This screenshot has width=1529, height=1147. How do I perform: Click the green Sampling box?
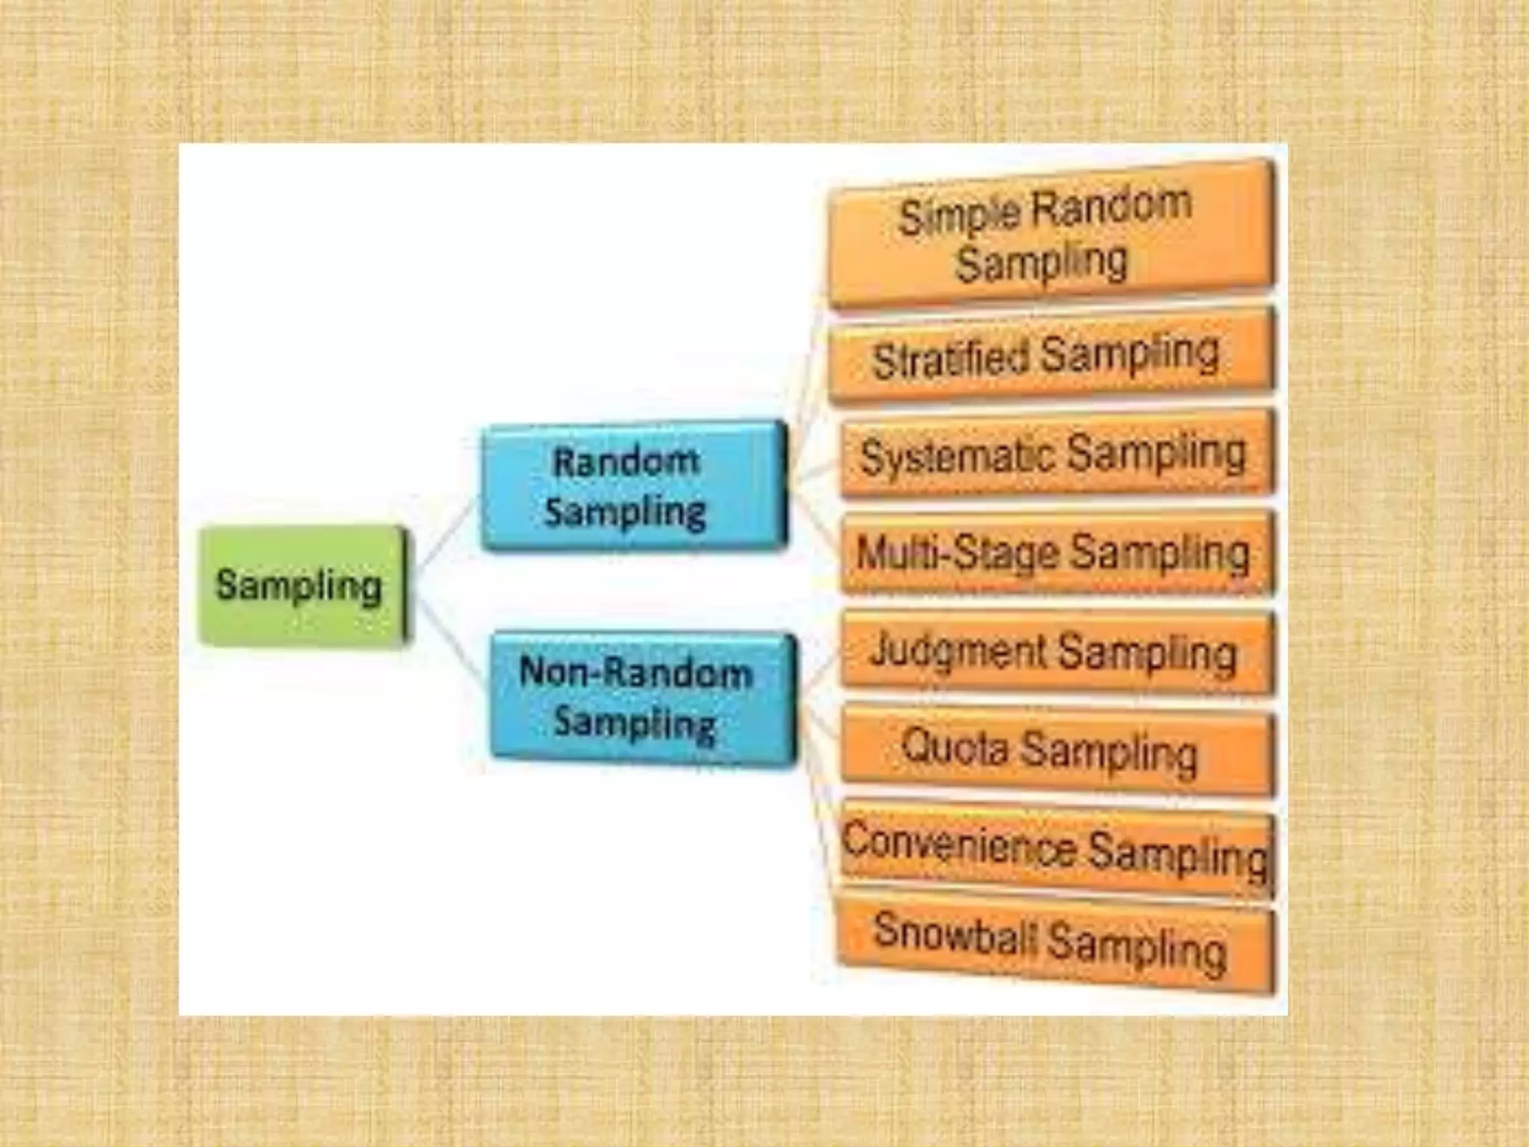(302, 585)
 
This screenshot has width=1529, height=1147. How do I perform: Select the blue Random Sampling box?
(633, 487)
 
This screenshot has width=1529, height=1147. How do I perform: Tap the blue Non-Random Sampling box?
(642, 698)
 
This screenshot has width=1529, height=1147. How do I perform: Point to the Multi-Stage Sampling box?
(1056, 553)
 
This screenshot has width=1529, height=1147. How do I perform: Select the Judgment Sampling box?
(1056, 652)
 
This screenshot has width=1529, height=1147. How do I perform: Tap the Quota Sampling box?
(1056, 750)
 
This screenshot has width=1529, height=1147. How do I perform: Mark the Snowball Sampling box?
(1056, 944)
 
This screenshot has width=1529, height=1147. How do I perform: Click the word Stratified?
(950, 358)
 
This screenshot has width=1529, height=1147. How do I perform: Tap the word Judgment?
(958, 650)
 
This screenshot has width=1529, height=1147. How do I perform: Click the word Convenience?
(959, 844)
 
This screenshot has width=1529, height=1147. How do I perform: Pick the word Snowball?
(955, 933)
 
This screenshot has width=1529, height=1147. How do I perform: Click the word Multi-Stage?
(957, 553)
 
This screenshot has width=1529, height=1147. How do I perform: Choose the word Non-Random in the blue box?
(635, 671)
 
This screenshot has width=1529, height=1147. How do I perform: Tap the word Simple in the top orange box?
(959, 217)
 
